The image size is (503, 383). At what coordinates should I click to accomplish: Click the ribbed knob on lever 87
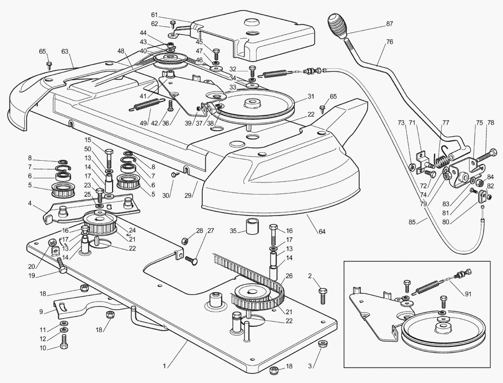coord(337,26)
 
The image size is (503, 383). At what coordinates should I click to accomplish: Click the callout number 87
coord(389,24)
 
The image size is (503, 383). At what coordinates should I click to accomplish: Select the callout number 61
coord(154,15)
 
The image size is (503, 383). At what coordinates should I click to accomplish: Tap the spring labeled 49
coord(147,105)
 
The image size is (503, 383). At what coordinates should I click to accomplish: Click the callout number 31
coord(311,96)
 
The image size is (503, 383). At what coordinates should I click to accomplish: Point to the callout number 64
coord(322,231)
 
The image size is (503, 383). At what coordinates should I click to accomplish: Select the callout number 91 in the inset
coord(468,294)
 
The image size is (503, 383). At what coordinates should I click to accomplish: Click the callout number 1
coord(164,366)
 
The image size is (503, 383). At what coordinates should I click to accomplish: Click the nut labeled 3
coord(321,344)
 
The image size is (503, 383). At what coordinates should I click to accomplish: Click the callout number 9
coord(41,312)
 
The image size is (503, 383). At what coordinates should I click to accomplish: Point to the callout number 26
coord(289,275)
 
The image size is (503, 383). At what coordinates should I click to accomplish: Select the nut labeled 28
coord(186,240)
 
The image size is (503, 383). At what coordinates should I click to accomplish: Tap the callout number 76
coord(389,42)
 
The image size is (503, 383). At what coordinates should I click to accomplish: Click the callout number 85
coord(421,221)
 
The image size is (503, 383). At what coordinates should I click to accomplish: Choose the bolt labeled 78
coord(486,155)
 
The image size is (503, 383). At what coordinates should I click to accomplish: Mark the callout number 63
coord(65,51)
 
